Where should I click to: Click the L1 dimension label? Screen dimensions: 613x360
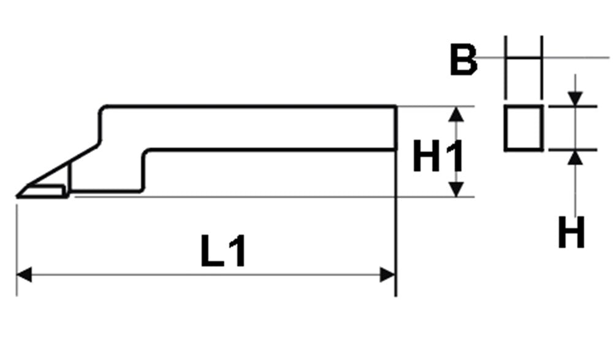(x=223, y=251)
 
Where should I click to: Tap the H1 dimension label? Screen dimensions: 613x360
(x=438, y=156)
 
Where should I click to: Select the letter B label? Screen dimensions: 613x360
(x=463, y=59)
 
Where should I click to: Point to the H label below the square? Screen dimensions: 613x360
(x=571, y=233)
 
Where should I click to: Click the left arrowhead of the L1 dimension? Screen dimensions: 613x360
(x=23, y=275)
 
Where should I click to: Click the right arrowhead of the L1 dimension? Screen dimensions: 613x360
(x=387, y=275)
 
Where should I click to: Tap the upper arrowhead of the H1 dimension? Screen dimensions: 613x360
(x=456, y=114)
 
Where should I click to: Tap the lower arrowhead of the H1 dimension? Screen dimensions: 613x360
(x=456, y=190)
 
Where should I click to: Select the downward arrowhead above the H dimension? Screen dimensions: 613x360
(x=575, y=99)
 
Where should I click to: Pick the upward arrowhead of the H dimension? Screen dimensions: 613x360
(x=575, y=157)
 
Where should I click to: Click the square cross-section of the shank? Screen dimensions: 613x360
(x=524, y=128)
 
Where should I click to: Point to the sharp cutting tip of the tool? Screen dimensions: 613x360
(x=17, y=196)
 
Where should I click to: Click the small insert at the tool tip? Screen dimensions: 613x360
(x=42, y=191)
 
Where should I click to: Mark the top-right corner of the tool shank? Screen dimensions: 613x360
(x=396, y=106)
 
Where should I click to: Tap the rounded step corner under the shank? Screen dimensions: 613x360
(x=145, y=152)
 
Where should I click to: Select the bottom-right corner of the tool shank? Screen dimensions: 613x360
(x=396, y=150)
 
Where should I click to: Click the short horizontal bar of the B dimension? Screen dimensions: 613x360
(x=524, y=58)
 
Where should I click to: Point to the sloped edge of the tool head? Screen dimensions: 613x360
(x=63, y=165)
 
